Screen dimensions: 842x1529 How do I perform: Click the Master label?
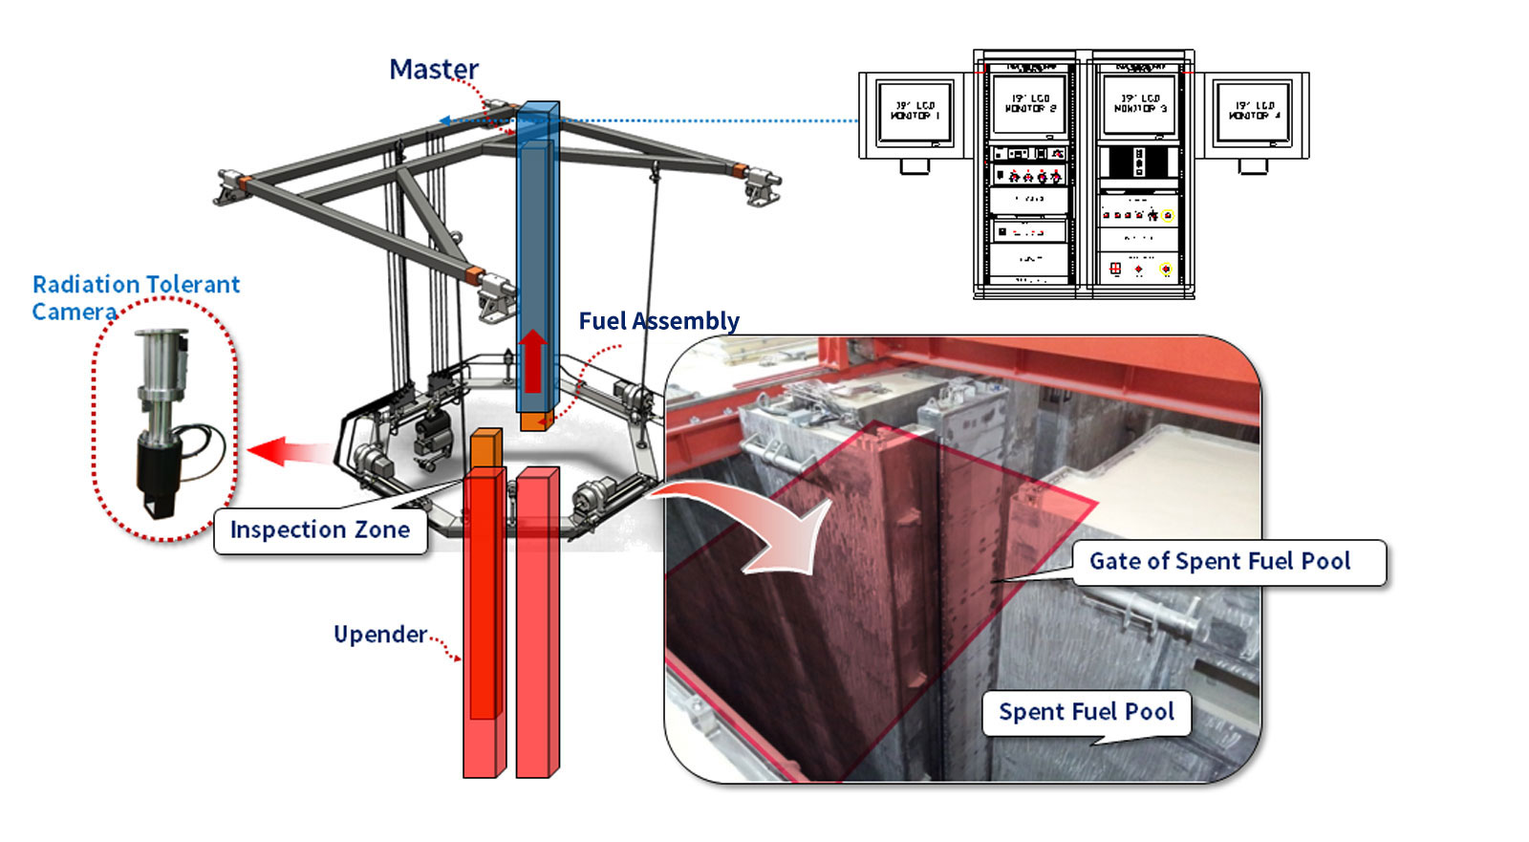pyautogui.click(x=433, y=70)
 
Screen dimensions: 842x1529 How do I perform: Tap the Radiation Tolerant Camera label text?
pyautogui.click(x=135, y=297)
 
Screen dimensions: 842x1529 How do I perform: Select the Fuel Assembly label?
pyautogui.click(x=658, y=321)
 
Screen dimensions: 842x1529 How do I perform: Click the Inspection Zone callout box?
pyautogui.click(x=320, y=530)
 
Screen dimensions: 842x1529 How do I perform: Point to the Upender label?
pyautogui.click(x=379, y=635)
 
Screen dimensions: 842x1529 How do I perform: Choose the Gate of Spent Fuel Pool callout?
pyautogui.click(x=1219, y=562)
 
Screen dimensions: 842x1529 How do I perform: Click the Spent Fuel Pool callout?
pyautogui.click(x=1087, y=712)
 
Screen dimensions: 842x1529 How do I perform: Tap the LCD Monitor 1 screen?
pyautogui.click(x=915, y=111)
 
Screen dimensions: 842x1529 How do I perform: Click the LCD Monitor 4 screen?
pyautogui.click(x=1253, y=111)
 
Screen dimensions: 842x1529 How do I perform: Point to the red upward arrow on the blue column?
pyautogui.click(x=532, y=360)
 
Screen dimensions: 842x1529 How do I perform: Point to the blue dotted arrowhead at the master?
pyautogui.click(x=445, y=121)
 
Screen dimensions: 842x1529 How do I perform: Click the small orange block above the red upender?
pyautogui.click(x=485, y=448)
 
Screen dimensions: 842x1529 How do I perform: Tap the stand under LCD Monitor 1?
pyautogui.click(x=915, y=166)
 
